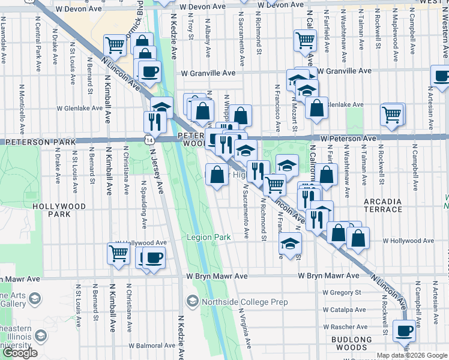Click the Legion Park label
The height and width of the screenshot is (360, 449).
point(208,238)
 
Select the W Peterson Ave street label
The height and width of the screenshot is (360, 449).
point(348,138)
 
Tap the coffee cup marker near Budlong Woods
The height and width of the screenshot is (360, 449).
point(403,330)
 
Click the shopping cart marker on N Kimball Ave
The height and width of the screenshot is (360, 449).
point(118,253)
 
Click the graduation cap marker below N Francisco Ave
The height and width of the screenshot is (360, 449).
point(290,244)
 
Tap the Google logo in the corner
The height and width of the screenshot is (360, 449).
point(20,353)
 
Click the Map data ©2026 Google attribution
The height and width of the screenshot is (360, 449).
point(412,355)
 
